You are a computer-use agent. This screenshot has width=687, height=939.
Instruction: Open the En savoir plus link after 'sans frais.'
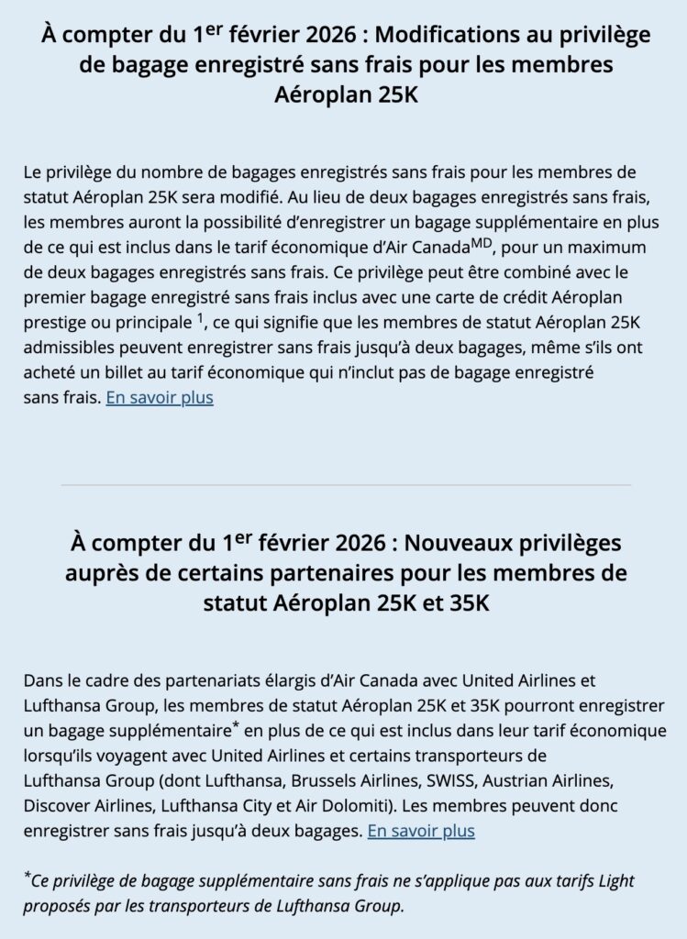click(160, 399)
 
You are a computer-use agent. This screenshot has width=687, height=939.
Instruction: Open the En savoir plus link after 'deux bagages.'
click(421, 832)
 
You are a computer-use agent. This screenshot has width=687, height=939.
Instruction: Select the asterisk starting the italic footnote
click(27, 878)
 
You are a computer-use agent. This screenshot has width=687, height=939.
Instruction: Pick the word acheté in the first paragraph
click(50, 375)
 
